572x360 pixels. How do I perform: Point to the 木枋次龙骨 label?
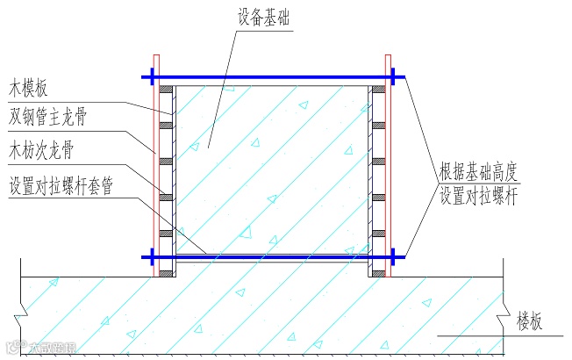(x=46, y=146)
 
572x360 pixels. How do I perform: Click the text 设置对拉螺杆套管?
(x=60, y=187)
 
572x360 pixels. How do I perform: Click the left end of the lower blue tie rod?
(x=144, y=256)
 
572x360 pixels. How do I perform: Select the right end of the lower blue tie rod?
(x=405, y=256)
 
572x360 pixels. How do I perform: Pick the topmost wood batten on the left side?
(x=165, y=90)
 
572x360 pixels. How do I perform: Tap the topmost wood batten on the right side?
(x=378, y=90)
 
